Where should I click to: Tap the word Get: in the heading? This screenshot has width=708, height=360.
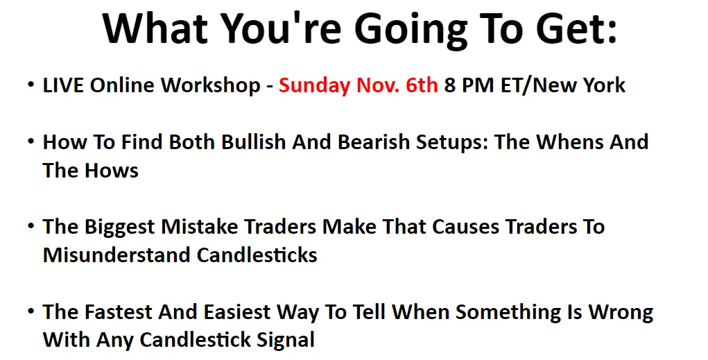point(577,28)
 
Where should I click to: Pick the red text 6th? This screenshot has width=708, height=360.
point(422,85)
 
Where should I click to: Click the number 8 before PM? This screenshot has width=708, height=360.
point(450,85)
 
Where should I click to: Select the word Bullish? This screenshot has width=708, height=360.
point(254,142)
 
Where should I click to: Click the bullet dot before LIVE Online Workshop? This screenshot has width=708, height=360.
point(31,85)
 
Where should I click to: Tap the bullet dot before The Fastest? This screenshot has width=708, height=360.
point(31,311)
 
